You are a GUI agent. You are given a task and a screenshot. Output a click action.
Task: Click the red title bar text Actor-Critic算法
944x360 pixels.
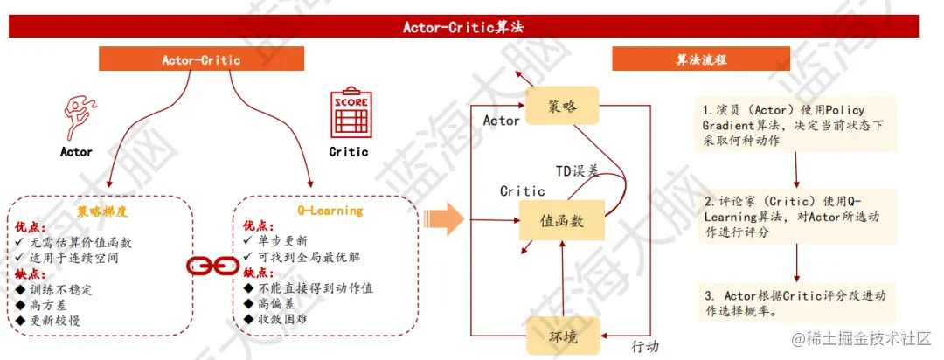coord(462,26)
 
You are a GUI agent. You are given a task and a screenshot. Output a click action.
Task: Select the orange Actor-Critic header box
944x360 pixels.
coord(201,60)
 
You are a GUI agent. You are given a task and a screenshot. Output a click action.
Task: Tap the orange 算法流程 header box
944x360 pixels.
coord(702,60)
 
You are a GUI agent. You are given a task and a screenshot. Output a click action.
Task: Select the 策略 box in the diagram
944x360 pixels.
coord(561,107)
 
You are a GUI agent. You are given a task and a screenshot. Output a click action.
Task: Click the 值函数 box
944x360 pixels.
coord(562,220)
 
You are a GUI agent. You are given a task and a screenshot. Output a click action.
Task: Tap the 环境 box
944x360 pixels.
coord(561,336)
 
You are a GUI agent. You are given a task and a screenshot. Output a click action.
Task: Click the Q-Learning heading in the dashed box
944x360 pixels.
coord(324,211)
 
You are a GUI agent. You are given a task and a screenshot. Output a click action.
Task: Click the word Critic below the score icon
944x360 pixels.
coord(348,151)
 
